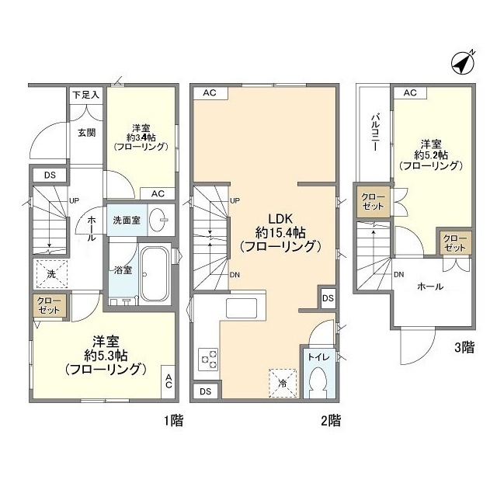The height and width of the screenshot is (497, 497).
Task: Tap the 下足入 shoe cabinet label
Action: click(86, 95)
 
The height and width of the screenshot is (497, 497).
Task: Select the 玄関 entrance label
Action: click(86, 132)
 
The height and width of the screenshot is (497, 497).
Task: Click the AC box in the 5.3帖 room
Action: click(169, 381)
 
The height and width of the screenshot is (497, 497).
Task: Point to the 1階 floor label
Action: click(172, 422)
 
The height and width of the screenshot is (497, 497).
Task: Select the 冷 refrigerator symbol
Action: click(281, 381)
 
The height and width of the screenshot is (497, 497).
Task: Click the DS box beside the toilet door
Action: click(328, 297)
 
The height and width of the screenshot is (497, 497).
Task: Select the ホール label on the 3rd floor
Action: click(430, 287)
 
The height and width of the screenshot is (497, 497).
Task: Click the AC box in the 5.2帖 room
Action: click(410, 93)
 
